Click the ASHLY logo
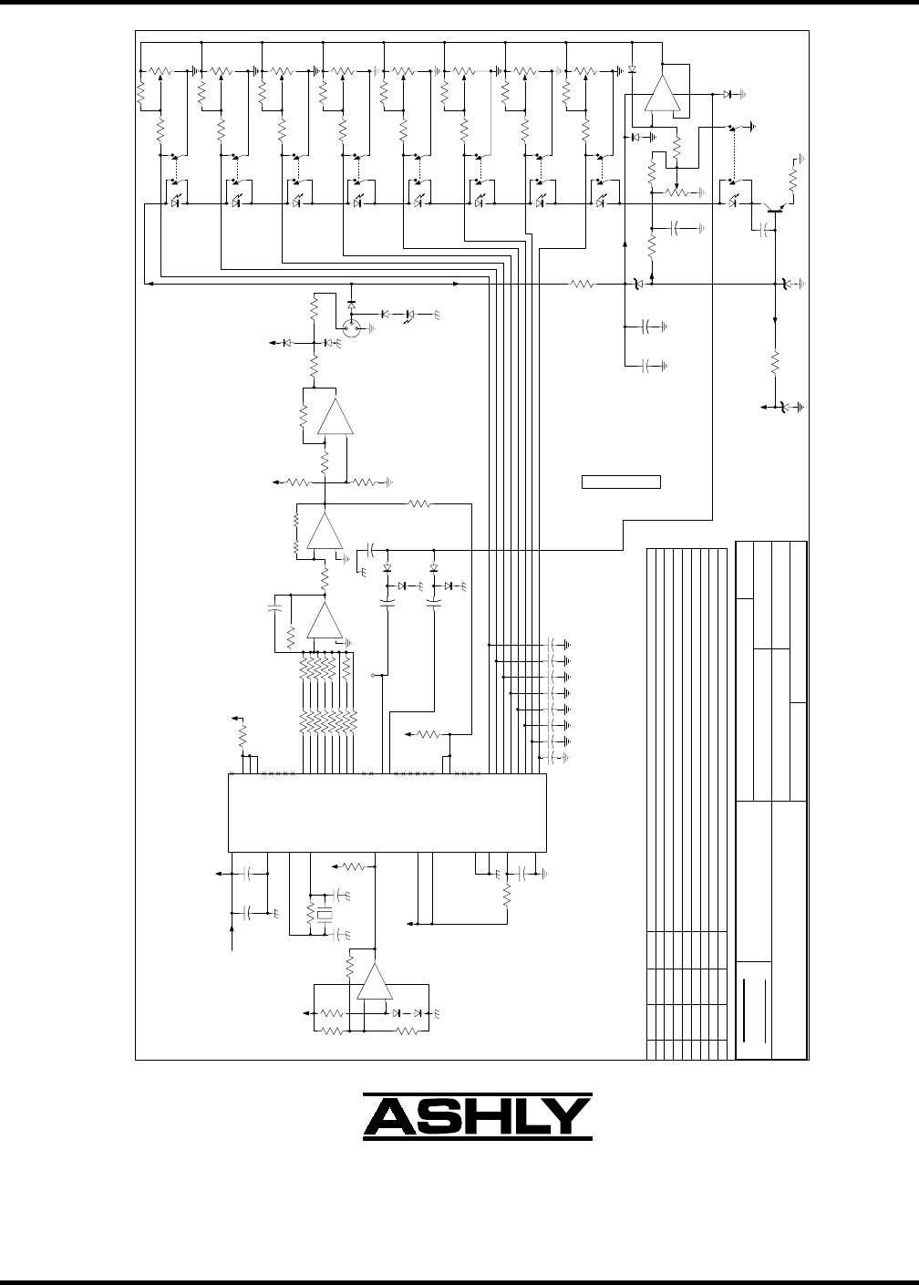(478, 1116)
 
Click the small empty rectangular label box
(621, 482)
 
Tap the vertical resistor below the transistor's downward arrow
(775, 362)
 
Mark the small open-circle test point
(375, 675)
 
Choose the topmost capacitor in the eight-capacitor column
(552, 645)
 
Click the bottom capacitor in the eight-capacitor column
(552, 758)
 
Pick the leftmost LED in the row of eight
(174, 204)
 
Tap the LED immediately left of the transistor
(733, 204)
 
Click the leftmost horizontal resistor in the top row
(160, 70)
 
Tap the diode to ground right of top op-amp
(728, 94)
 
